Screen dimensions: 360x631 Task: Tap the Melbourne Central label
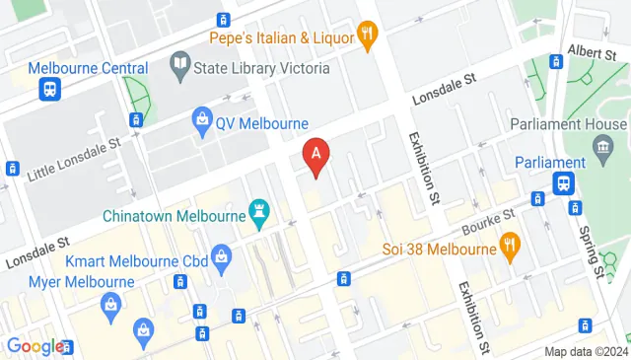tap(88, 68)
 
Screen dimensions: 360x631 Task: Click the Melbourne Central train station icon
tap(48, 90)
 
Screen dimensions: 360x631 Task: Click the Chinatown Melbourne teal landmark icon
tap(259, 213)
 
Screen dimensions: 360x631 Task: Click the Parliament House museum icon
tap(601, 146)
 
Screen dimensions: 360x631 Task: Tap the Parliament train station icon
tap(564, 183)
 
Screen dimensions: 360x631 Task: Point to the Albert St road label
tap(592, 50)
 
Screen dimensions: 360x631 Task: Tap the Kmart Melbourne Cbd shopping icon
tap(223, 260)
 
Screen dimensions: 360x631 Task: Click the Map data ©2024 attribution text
tap(586, 351)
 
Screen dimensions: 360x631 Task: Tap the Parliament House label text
tap(567, 124)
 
